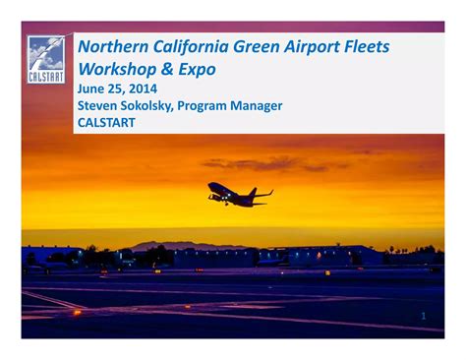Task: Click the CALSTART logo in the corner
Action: [46, 60]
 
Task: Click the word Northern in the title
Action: [113, 47]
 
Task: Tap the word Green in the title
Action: [262, 47]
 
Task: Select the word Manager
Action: [256, 106]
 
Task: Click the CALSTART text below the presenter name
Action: [107, 123]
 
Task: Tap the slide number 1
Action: [424, 317]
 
